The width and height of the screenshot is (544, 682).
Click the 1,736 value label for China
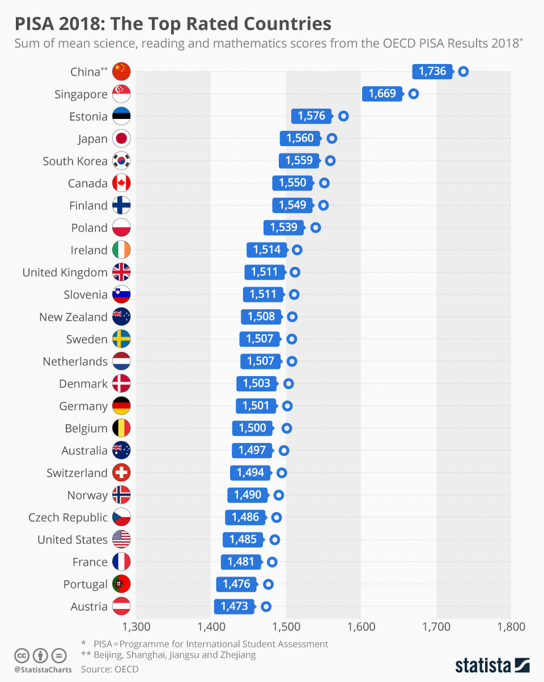point(432,71)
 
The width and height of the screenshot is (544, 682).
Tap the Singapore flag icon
point(122,94)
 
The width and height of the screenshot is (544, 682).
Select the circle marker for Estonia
point(343,116)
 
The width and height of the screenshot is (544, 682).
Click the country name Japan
point(92,139)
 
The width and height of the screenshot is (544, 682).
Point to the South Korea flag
point(122,161)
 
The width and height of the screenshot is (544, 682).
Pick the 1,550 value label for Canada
point(292,183)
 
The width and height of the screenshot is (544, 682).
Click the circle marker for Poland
point(316,228)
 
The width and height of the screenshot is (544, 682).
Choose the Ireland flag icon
point(122,250)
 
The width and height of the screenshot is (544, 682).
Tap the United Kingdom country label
point(65,272)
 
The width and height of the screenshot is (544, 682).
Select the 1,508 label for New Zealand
point(261,317)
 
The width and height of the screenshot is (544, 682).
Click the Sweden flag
point(122,339)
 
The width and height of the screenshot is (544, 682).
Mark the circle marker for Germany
point(287,406)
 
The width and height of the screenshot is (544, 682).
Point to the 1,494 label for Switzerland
point(250,472)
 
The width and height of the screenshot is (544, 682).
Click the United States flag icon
point(122,539)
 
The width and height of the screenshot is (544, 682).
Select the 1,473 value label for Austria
point(234,606)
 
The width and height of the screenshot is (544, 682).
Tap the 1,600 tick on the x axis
point(361,626)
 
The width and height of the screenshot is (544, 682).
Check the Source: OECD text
point(110,669)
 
